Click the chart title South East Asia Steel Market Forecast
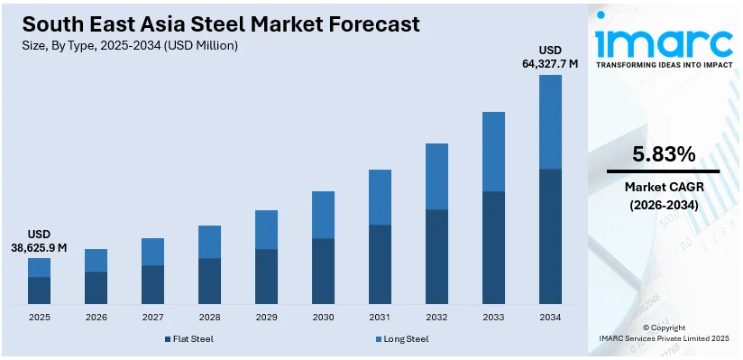[220, 23]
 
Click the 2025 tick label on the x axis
[39, 318]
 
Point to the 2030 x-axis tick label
[323, 318]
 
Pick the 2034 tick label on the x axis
[550, 318]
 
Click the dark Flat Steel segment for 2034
[550, 236]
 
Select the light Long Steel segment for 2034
[550, 122]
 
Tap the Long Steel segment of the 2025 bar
[39, 267]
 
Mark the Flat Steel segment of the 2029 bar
[266, 276]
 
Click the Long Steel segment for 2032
[436, 176]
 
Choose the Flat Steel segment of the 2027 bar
[152, 284]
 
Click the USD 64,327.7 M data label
[549, 56]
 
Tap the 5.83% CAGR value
[664, 153]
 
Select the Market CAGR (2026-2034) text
[664, 196]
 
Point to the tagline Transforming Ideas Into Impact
[664, 65]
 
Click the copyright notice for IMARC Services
[664, 333]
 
